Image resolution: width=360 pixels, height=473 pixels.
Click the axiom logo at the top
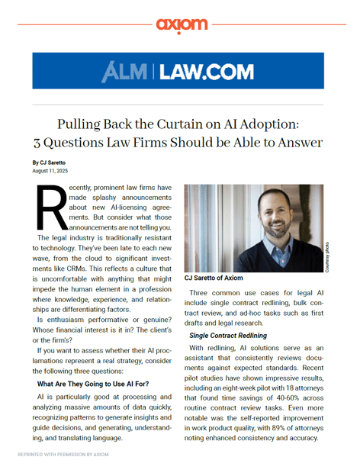point(181,24)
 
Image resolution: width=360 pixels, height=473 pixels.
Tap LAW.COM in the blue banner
point(207,71)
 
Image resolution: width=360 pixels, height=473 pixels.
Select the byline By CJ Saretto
point(50,163)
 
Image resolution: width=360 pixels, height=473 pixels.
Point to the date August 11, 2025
point(50,171)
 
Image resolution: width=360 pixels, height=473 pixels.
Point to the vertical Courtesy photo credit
point(327,258)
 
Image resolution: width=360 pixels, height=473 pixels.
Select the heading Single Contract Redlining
point(228,335)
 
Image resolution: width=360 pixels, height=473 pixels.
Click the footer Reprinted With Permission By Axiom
point(63,454)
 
